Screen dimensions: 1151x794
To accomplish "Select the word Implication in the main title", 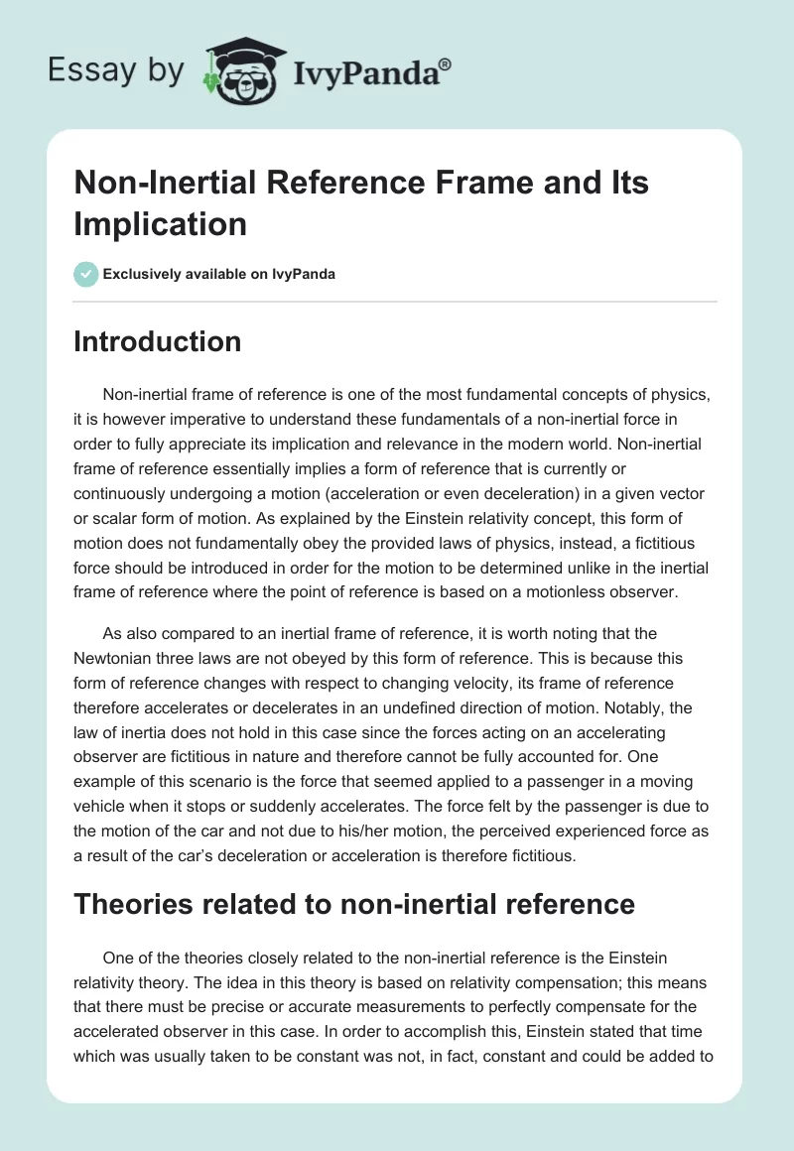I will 160,223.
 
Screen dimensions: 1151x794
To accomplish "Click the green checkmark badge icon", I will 86,274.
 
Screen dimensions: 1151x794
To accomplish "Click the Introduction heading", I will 157,341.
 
